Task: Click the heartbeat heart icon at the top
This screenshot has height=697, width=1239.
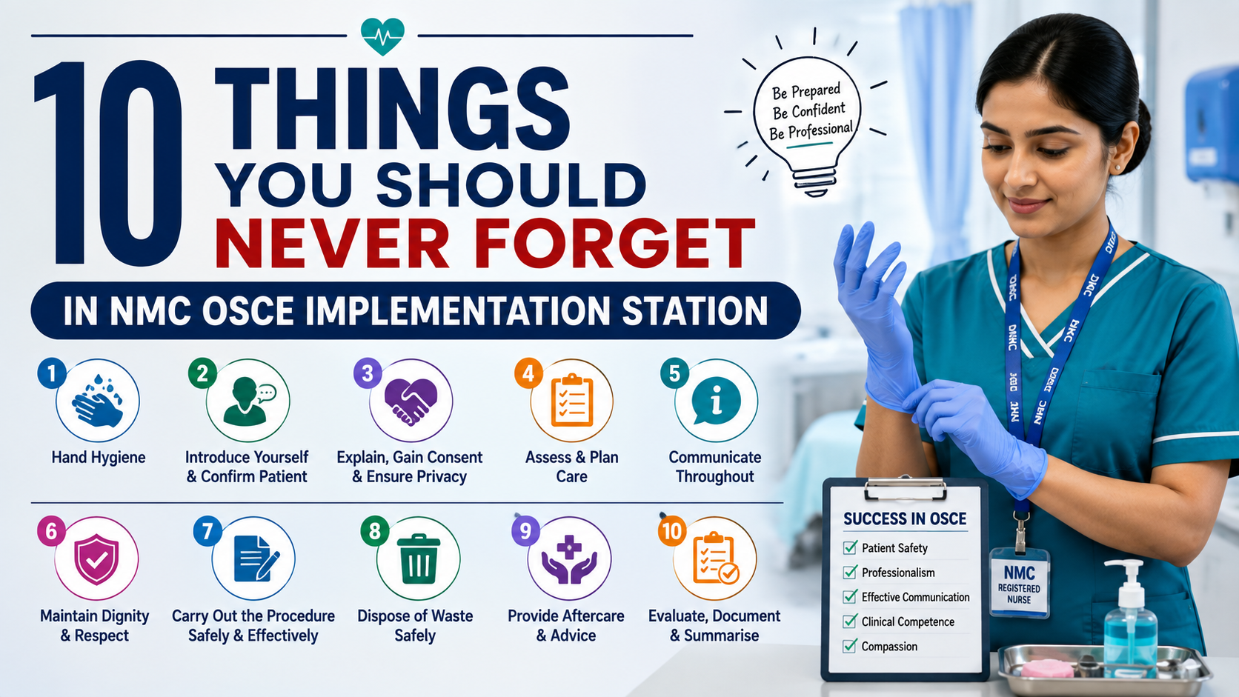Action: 382,36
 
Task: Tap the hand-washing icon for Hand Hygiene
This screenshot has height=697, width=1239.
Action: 98,401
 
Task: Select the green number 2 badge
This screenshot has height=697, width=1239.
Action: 202,373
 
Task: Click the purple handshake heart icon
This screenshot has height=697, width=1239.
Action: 411,402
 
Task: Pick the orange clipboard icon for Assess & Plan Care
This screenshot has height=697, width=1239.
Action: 572,401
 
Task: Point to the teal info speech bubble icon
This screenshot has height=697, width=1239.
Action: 716,401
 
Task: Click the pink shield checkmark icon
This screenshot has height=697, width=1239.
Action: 97,558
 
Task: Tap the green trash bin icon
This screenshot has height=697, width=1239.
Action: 418,558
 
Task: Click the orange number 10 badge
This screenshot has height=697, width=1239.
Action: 672,531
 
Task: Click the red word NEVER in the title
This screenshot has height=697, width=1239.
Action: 331,243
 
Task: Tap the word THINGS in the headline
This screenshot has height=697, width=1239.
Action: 392,109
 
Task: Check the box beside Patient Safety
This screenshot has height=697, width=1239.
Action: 850,547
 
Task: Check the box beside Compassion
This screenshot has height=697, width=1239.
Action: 850,646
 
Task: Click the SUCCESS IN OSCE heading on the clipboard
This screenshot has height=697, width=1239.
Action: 905,518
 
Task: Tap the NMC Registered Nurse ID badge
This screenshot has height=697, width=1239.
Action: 1019,581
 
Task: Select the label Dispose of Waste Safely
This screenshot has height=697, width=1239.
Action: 416,626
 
